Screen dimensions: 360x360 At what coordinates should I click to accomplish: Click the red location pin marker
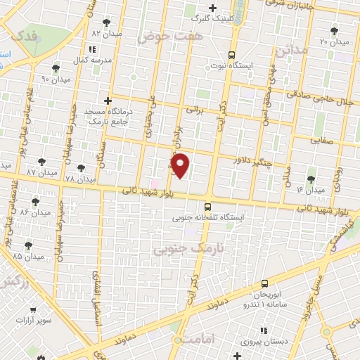pos(181,165)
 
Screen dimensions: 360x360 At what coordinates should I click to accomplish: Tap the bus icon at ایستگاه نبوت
pos(232,55)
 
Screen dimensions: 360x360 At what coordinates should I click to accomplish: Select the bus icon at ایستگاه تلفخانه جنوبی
pos(207,207)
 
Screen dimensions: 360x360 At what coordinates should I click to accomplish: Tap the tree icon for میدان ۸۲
pos(106,23)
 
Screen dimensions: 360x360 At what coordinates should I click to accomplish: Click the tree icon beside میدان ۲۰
pos(334,31)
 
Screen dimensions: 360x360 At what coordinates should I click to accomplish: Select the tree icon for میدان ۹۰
pos(56,68)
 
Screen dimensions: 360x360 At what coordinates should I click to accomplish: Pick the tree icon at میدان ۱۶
pos(311,179)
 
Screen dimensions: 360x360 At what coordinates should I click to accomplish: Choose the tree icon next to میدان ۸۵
pos(28,245)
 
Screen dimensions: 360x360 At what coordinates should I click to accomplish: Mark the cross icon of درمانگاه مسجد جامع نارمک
pos(107,101)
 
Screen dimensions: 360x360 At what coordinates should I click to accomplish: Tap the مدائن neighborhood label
pos(291,51)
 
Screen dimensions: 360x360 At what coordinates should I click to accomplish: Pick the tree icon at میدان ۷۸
pos(82,169)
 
